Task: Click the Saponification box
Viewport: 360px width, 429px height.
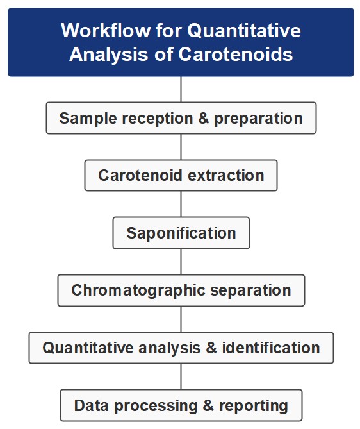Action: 181,233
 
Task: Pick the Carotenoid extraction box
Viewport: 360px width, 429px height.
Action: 181,176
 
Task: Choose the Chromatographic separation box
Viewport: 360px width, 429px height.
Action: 181,290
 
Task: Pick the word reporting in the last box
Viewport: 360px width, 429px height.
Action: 254,406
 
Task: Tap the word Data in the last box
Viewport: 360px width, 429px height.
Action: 89,406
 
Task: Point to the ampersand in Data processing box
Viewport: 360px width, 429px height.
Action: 209,406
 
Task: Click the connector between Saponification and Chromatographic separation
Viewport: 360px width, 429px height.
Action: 181,262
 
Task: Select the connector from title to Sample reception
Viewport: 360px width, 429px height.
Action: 181,89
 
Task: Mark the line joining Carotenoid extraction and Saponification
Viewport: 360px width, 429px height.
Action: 181,205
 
